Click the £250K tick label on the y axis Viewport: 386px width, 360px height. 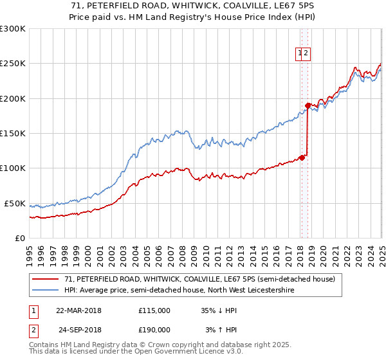pos(13,64)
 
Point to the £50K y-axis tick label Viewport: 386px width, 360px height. pos(15,203)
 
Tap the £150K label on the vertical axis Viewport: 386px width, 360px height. pos(13,134)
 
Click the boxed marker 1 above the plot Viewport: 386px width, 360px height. pos(300,55)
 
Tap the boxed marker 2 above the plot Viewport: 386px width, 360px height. pos(307,55)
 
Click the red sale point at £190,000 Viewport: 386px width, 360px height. pos(308,105)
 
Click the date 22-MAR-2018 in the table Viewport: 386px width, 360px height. pos(79,310)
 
